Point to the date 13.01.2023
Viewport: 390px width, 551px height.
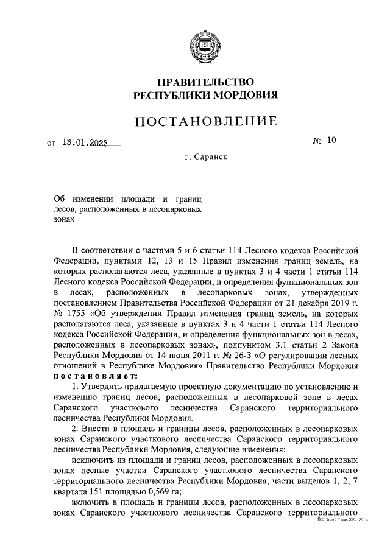[x=84, y=144]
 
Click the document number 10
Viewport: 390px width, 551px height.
[x=331, y=141]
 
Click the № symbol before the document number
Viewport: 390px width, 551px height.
[x=317, y=141]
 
